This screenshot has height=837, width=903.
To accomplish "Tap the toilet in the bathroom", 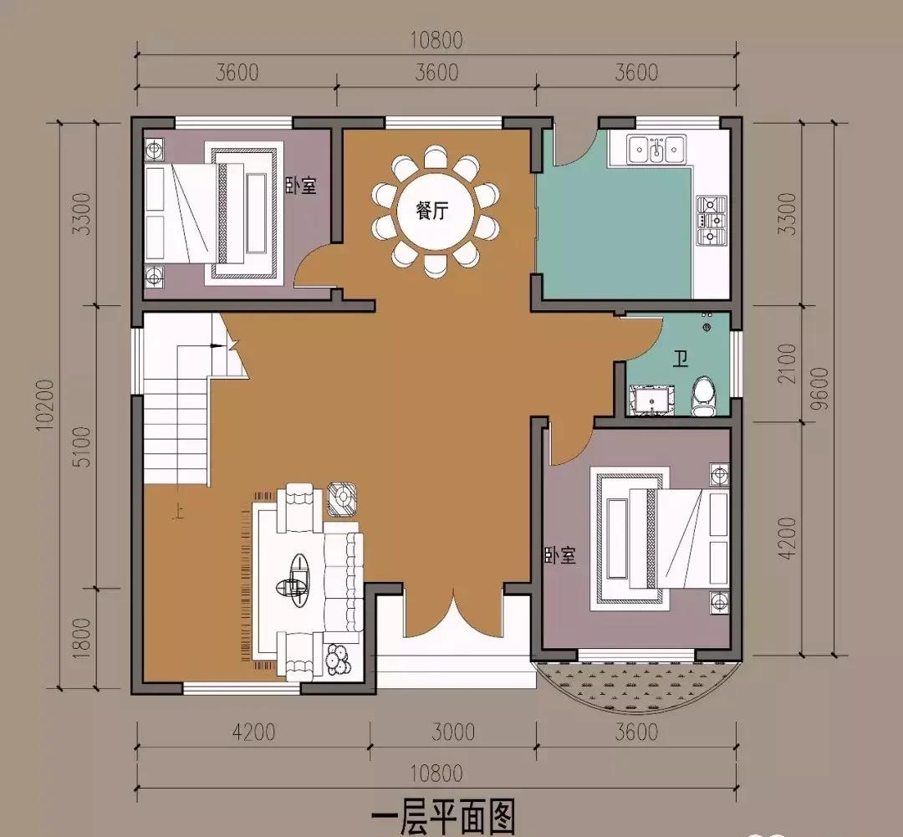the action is click(x=703, y=396).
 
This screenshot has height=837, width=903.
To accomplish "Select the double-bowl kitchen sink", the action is click(x=656, y=148).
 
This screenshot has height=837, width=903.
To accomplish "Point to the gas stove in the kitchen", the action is click(x=712, y=221).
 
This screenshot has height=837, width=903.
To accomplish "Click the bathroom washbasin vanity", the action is click(x=652, y=399).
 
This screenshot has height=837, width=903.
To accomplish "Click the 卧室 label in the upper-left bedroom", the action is click(x=301, y=186).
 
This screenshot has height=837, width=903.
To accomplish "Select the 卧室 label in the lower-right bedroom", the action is click(x=559, y=556).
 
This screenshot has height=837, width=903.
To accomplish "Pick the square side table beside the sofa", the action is click(x=342, y=499).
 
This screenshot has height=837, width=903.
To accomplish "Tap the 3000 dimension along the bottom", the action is click(x=452, y=732).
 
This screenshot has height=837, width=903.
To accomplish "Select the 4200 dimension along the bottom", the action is click(x=253, y=732).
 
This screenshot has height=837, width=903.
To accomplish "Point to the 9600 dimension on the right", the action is click(x=819, y=389).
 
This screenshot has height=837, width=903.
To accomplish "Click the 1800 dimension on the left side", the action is click(x=82, y=638).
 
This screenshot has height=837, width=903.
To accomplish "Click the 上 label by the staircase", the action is click(x=179, y=512).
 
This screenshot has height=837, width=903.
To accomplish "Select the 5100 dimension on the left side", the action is click(x=82, y=447).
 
